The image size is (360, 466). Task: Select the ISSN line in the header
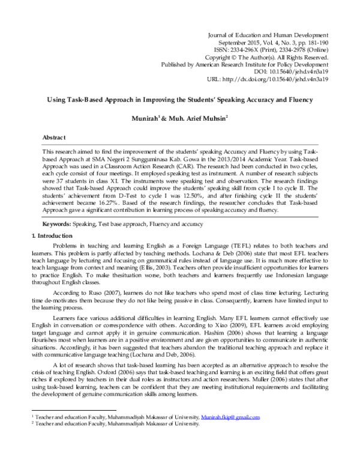coord(278,52)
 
